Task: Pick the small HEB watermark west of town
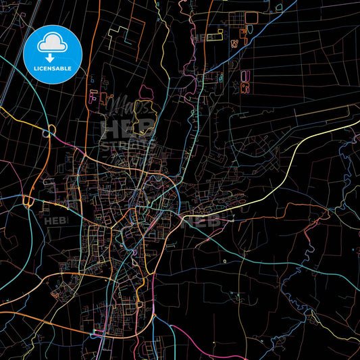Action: point(51,219)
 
